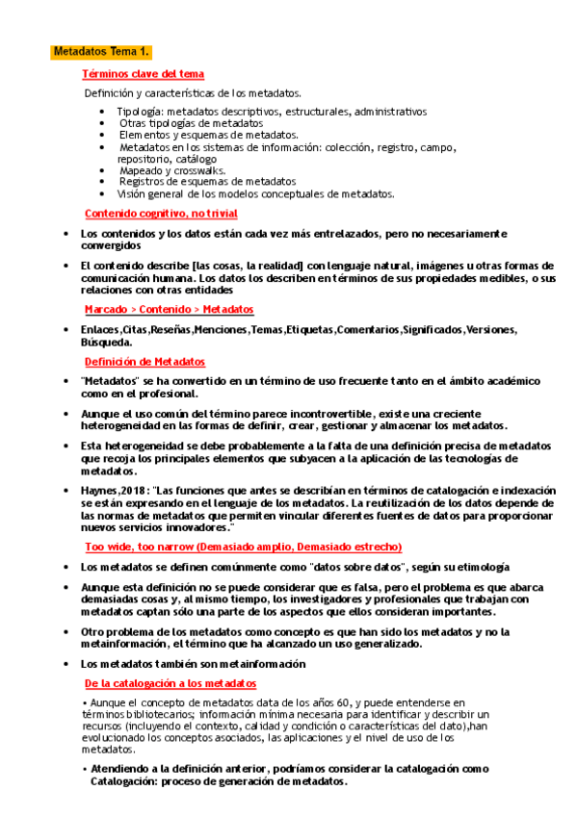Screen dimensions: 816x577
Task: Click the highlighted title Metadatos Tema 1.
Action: (101, 51)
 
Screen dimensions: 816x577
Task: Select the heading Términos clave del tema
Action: (143, 74)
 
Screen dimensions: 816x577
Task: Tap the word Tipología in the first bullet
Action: (139, 112)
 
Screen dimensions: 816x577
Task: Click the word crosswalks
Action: (198, 169)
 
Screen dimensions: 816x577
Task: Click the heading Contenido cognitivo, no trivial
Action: (161, 214)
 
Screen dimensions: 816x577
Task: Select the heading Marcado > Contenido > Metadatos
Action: (169, 310)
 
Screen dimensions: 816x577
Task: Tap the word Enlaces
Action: (100, 330)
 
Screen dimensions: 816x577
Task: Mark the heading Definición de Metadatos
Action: (144, 362)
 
